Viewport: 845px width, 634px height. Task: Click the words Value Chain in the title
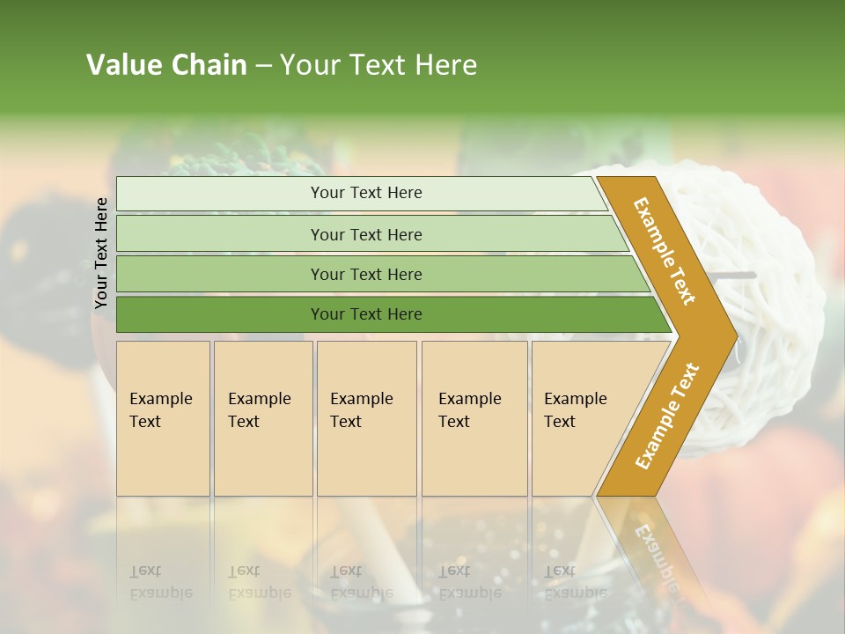(x=166, y=65)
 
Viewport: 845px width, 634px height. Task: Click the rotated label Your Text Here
(x=101, y=253)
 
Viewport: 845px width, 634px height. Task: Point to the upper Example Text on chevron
(x=665, y=251)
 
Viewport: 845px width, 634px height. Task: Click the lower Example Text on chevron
(x=666, y=416)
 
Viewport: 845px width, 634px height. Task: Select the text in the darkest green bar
(x=366, y=314)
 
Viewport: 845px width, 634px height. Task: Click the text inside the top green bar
(x=366, y=193)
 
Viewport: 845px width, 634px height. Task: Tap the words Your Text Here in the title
(x=378, y=65)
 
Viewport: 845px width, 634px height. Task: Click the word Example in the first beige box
(x=160, y=399)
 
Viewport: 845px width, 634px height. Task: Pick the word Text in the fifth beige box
(x=560, y=422)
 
